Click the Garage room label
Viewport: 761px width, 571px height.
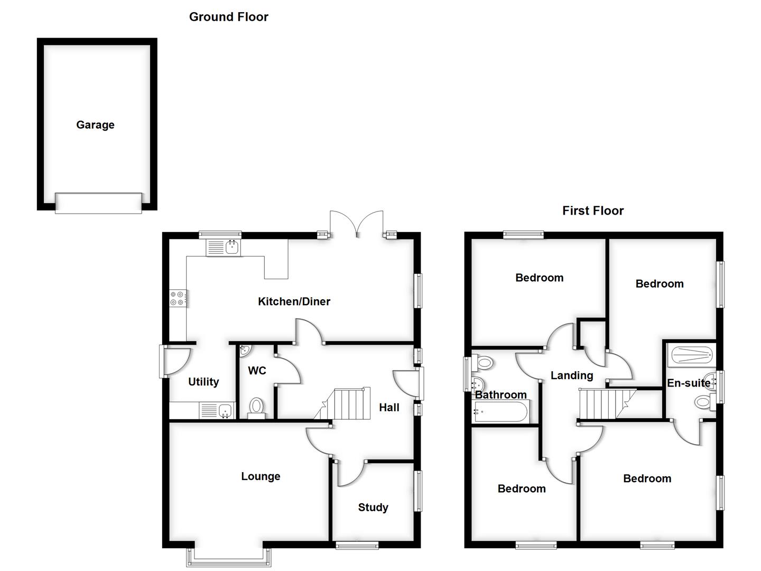(95, 125)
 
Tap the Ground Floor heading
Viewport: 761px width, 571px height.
(228, 17)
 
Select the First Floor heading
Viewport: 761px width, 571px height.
(592, 211)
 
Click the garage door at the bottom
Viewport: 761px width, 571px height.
(98, 203)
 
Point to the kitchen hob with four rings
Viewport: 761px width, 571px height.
(177, 299)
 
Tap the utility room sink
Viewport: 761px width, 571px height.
(217, 410)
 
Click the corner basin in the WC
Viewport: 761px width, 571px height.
(245, 350)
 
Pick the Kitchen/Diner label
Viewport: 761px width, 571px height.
(294, 301)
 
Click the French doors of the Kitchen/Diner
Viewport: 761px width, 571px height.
(357, 224)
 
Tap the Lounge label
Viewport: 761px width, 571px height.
(261, 476)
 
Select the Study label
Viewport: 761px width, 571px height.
(373, 508)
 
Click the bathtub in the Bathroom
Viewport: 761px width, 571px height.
(500, 411)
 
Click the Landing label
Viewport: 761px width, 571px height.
(572, 375)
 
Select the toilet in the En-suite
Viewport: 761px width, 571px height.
(703, 402)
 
